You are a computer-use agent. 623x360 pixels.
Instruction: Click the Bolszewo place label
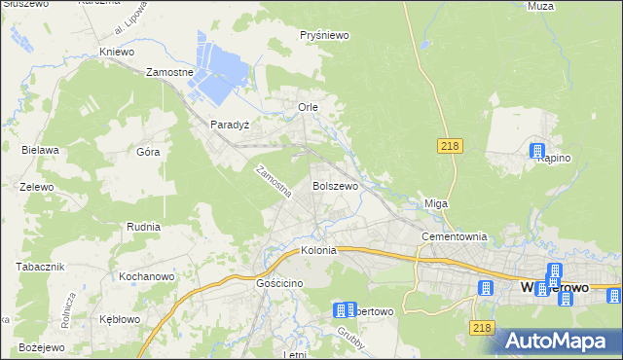(x=335, y=185)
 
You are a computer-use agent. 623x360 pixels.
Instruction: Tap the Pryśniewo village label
(x=325, y=35)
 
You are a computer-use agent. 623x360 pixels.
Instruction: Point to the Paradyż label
(x=231, y=125)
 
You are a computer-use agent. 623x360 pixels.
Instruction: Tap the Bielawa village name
(x=41, y=150)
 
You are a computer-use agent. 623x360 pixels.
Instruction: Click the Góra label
(x=148, y=152)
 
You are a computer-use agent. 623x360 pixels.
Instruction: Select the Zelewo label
(x=35, y=185)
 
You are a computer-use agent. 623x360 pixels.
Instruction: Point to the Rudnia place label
(x=143, y=227)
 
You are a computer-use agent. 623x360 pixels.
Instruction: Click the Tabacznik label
(x=40, y=267)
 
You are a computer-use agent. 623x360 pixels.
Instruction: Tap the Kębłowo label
(x=120, y=319)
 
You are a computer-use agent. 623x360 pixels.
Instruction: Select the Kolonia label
(x=318, y=250)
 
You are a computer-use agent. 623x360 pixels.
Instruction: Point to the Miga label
(x=435, y=204)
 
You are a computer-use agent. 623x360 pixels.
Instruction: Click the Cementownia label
(x=454, y=237)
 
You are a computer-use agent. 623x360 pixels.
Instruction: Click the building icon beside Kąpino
(x=536, y=151)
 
